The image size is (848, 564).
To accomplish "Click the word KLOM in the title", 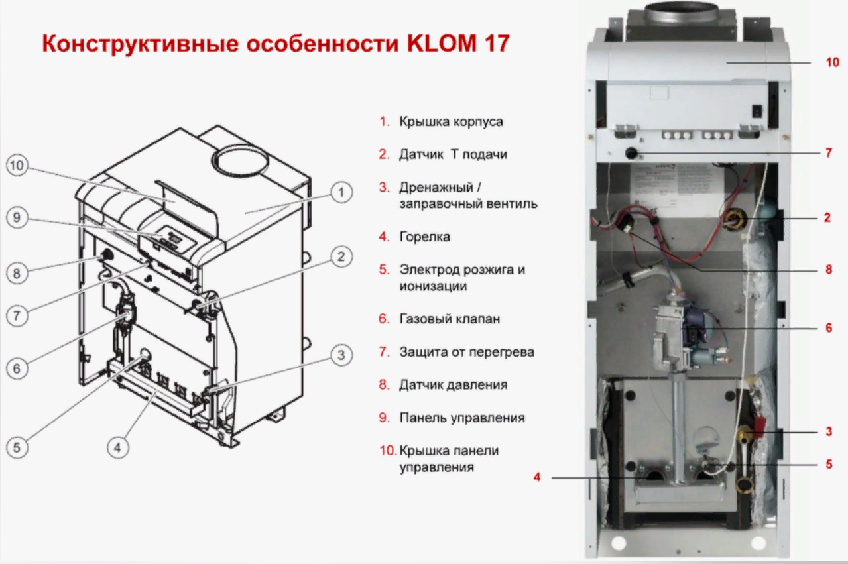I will pyautogui.click(x=438, y=43).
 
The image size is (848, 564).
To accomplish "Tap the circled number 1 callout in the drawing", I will pyautogui.click(x=341, y=193).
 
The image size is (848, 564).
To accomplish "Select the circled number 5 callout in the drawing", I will pyautogui.click(x=17, y=447).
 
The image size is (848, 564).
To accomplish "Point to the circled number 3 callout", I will pyautogui.click(x=341, y=356).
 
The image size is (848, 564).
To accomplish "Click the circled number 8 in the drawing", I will pyautogui.click(x=17, y=272).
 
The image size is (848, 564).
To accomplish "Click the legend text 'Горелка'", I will pyautogui.click(x=424, y=237).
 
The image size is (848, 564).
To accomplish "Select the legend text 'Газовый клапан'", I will pyautogui.click(x=449, y=319).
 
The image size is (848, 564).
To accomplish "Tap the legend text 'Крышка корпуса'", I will pyautogui.click(x=451, y=122).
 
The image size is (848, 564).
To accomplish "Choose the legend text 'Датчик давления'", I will pyautogui.click(x=453, y=384).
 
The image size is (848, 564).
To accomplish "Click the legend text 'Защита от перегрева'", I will pyautogui.click(x=466, y=352).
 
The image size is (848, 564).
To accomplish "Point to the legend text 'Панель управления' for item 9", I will pyautogui.click(x=461, y=418).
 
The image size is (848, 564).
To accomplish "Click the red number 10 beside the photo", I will pyautogui.click(x=832, y=62).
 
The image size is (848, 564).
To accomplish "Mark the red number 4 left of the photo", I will pyautogui.click(x=537, y=477).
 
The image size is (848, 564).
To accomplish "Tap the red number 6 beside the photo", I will pyautogui.click(x=829, y=327).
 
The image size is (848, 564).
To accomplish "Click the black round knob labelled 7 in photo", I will pyautogui.click(x=630, y=154).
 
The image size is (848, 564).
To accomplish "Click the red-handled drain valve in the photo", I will pyautogui.click(x=757, y=432).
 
